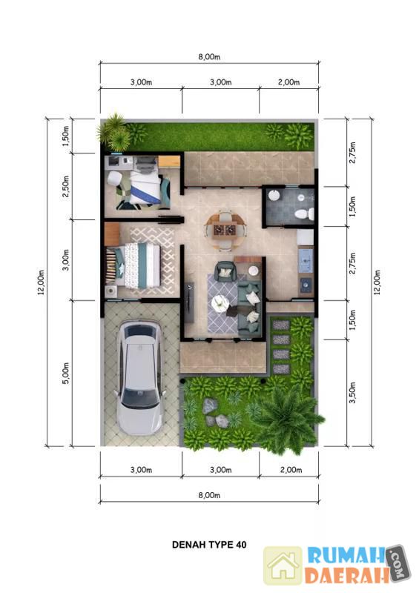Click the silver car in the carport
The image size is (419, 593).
(x=139, y=378)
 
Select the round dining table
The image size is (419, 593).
(x=225, y=230)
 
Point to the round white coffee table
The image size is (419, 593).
(x=220, y=304)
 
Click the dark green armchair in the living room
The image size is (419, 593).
(x=225, y=271)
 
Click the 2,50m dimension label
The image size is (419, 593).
(x=66, y=186)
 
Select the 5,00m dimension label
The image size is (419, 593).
(x=66, y=374)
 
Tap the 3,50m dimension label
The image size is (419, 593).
(x=352, y=392)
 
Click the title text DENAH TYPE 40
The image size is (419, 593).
(x=209, y=545)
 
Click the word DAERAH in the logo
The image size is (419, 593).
(x=347, y=575)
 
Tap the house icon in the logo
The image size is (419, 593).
(x=283, y=566)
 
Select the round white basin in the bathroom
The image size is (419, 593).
(x=274, y=196)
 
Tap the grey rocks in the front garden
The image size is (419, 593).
(x=214, y=413)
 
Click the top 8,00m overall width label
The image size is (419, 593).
(x=209, y=57)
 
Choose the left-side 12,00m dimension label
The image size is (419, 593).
(x=41, y=282)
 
